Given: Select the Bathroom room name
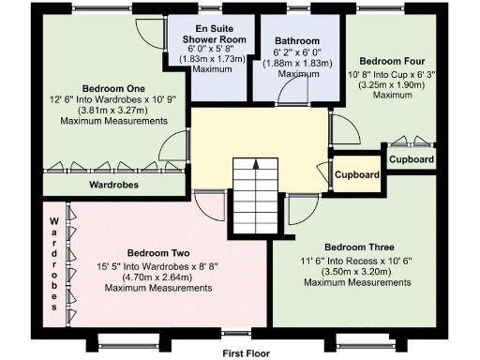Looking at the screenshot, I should tap(297, 41).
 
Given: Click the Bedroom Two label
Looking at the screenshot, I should tap(159, 253).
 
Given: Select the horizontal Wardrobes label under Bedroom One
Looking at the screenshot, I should tap(115, 186).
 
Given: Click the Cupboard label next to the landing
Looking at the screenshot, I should tap(356, 175).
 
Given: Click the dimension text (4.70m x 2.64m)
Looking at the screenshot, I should tap(159, 277).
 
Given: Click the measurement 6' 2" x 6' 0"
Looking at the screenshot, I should tap(297, 52).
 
